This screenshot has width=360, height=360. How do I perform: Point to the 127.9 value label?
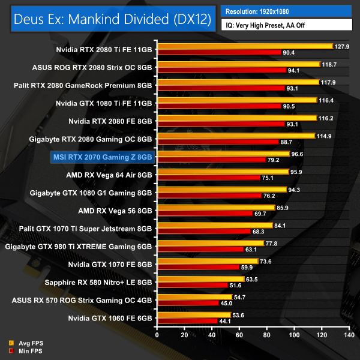[x=341, y=46]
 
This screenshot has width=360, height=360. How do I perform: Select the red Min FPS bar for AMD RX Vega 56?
[x=205, y=214]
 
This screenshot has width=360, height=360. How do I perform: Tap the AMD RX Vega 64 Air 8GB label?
[x=109, y=175]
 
